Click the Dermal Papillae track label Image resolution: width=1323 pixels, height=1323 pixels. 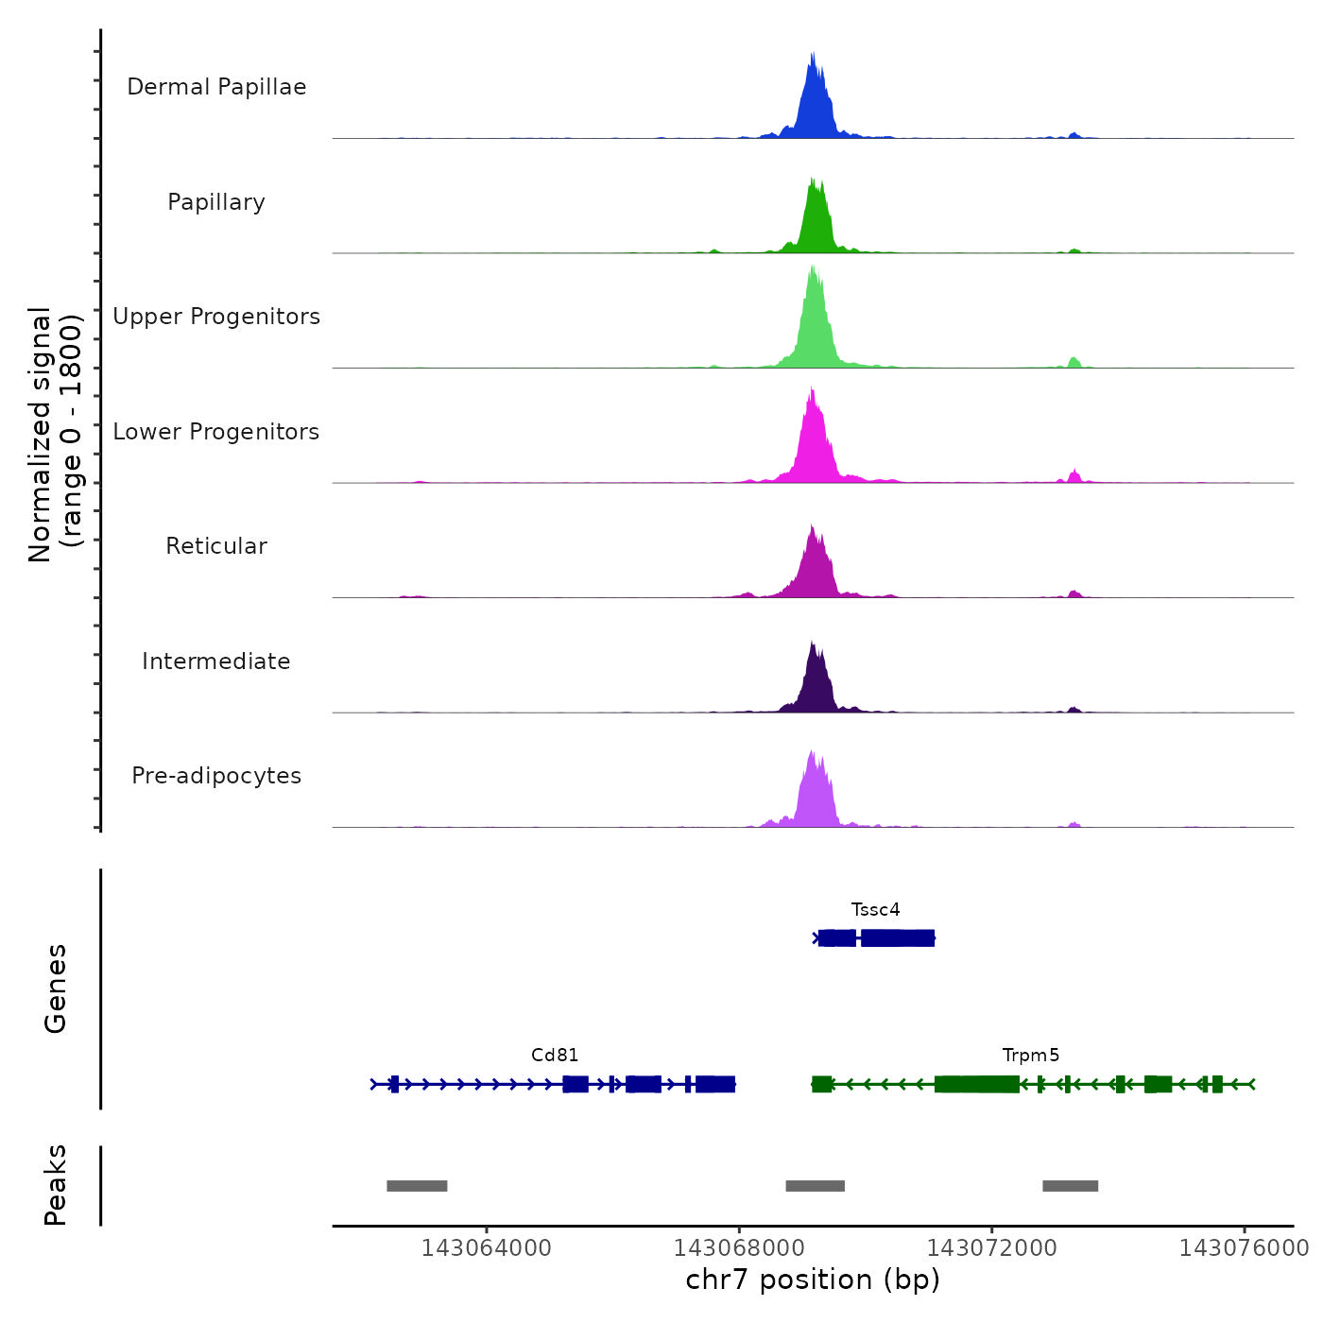216,87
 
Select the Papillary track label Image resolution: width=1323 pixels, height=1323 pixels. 216,202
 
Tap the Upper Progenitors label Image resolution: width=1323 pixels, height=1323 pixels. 216,317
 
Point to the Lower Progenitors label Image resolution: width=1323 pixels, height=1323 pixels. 216,432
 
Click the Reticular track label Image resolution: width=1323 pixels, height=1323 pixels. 216,546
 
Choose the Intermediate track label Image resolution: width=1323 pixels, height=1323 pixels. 216,661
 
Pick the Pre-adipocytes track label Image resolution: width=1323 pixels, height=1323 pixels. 216,776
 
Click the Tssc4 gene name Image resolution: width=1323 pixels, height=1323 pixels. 875,910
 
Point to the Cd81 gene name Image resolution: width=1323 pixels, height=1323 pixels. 555,1056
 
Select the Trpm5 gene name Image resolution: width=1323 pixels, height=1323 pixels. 1031,1056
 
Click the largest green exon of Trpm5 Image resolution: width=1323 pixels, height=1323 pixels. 976,1084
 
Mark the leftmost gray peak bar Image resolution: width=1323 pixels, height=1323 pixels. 417,1186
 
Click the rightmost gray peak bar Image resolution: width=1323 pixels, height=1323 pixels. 1070,1186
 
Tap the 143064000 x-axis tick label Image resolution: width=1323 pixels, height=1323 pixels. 486,1248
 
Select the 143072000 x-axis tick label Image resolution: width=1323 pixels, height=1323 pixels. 991,1248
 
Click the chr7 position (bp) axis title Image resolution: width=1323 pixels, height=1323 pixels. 813,1280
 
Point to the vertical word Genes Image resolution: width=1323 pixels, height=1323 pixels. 56,988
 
